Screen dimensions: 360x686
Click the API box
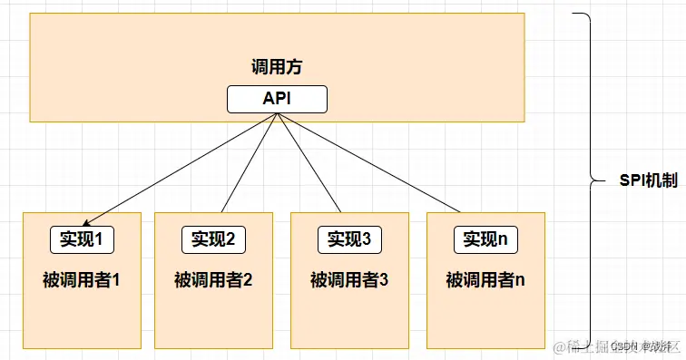277,100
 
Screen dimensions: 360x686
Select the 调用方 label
277,67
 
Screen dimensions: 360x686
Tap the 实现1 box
83,239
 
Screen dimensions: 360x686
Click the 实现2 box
214,239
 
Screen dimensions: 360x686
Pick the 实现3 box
349,239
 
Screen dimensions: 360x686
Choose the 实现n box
485,239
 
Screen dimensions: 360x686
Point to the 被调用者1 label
82,279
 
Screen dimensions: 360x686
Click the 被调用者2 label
213,279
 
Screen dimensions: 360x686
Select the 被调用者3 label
349,279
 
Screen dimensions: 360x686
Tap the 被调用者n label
485,279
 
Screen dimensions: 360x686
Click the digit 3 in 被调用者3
384,279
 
